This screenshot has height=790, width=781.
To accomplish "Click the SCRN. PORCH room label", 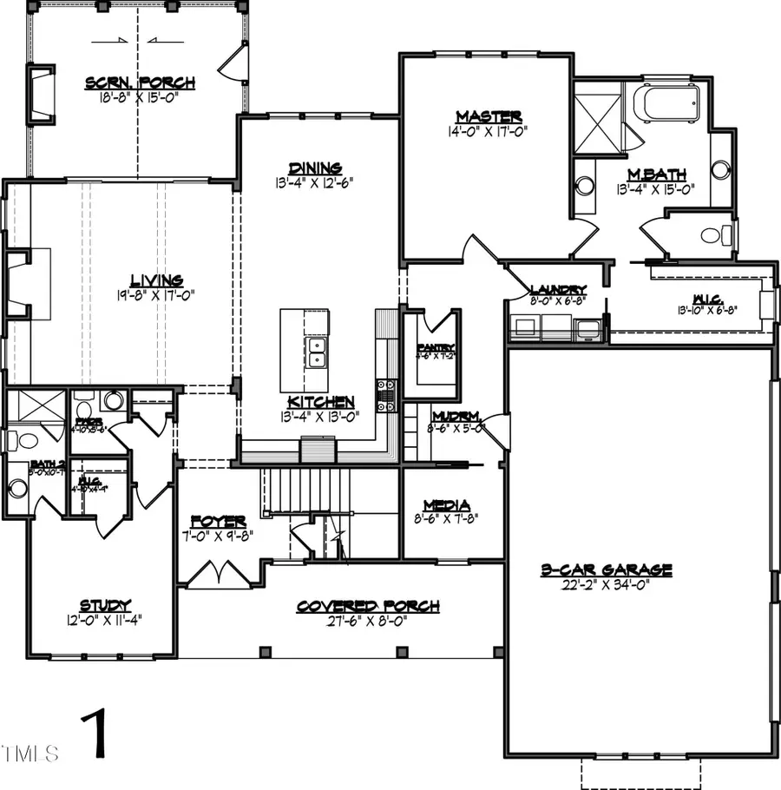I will click(x=140, y=83).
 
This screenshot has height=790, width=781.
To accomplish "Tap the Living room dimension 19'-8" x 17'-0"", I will click(x=156, y=295).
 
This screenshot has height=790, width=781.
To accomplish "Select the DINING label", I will click(x=316, y=168).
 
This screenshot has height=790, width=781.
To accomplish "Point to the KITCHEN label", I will click(x=321, y=402).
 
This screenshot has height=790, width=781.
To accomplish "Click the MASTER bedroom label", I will click(x=489, y=116).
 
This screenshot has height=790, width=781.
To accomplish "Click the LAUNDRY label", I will click(x=557, y=289).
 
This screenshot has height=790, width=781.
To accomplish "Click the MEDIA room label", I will click(x=446, y=505).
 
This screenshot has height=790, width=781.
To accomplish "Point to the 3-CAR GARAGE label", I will click(x=606, y=569).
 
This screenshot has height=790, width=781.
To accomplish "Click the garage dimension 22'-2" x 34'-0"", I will click(x=606, y=584).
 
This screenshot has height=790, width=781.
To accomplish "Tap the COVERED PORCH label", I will click(x=368, y=606).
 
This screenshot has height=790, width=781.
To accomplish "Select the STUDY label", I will click(x=105, y=605).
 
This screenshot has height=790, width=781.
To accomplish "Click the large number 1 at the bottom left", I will click(x=97, y=734).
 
